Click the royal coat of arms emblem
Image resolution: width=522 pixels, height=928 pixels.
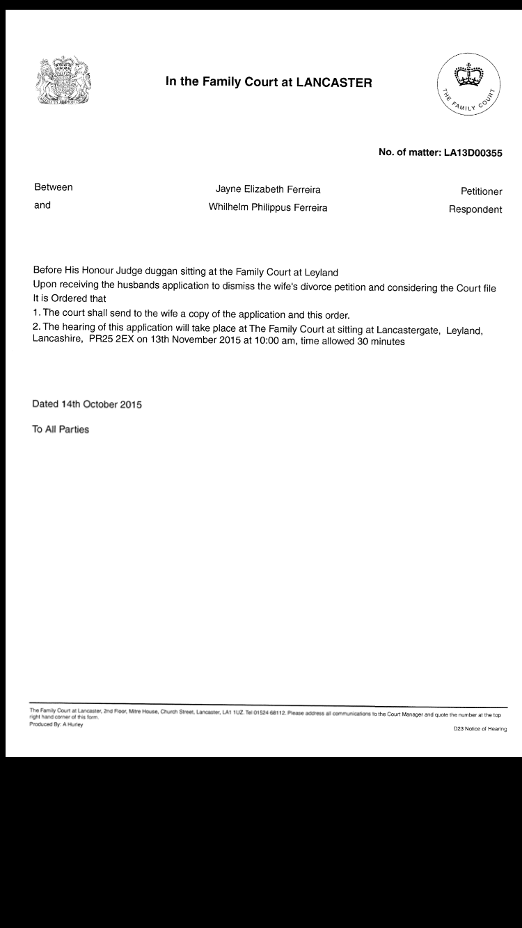click(x=64, y=81)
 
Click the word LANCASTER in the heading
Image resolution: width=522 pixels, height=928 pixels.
click(x=334, y=82)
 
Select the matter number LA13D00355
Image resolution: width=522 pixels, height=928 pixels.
click(x=473, y=153)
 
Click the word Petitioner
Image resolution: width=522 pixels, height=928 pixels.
click(x=481, y=191)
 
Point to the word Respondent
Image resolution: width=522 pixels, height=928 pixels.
click(x=475, y=209)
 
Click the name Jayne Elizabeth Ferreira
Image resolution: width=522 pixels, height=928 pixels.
click(x=268, y=189)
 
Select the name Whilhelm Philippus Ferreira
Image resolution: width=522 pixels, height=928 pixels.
click(x=268, y=207)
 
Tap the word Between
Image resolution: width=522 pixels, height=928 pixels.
click(x=54, y=187)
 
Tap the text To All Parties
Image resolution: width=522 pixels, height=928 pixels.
click(x=61, y=429)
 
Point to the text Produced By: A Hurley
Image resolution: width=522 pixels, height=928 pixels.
click(x=56, y=724)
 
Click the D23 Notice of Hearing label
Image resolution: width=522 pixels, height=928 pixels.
click(x=480, y=729)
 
